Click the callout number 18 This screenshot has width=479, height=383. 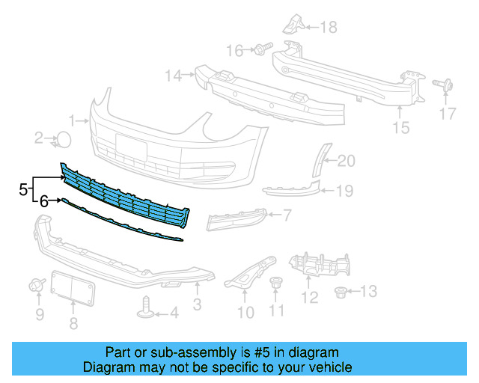pos(329,28)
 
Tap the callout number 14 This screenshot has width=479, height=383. pos(174,75)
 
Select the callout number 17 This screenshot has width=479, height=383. pos(447,114)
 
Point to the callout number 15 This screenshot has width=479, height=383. pos(401,128)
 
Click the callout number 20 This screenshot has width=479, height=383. pos(347,160)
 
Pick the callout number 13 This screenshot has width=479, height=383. pos(370,291)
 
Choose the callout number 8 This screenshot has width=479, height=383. pos(73,323)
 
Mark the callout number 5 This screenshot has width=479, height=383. pos(23,189)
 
